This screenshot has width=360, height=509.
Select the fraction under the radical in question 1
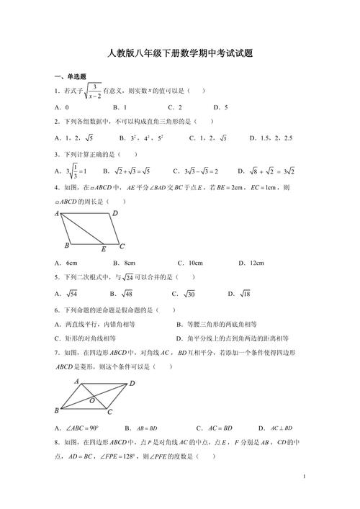tap(91, 91)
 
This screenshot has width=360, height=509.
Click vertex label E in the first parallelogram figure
tap(104, 249)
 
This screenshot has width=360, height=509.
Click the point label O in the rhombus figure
tap(91, 399)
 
